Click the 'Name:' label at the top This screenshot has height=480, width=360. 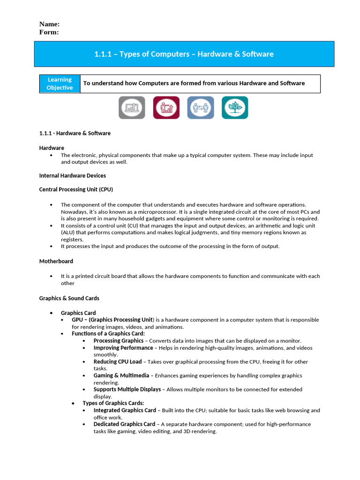[x=49, y=24]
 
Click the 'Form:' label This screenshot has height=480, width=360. [x=49, y=32]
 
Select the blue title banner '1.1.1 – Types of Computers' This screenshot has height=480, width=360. [x=184, y=54]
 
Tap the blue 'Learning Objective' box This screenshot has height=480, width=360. [x=60, y=83]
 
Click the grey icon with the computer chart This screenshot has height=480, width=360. [x=132, y=108]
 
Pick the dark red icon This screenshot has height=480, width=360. [x=166, y=108]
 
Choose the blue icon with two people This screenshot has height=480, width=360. [x=201, y=108]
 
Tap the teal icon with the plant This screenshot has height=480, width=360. [x=235, y=108]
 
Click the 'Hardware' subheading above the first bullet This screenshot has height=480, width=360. [x=52, y=148]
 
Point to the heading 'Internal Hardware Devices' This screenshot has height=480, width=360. [x=72, y=175]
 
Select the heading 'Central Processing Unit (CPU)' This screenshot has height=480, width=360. [x=76, y=189]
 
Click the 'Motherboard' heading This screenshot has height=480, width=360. [x=56, y=261]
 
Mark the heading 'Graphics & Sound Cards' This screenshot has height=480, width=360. [x=69, y=298]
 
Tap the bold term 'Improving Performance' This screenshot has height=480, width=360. [x=123, y=348]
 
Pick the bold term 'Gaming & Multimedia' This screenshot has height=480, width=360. [x=121, y=375]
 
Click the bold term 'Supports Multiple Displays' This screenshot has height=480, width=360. [x=127, y=390]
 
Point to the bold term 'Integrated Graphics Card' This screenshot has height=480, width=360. [x=125, y=410]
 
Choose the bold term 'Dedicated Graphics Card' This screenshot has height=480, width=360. [x=124, y=424]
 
